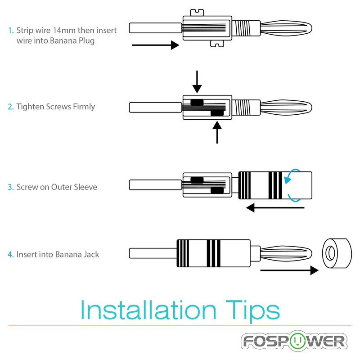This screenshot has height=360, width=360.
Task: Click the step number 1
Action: point(11,30)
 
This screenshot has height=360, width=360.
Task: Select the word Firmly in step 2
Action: point(84,107)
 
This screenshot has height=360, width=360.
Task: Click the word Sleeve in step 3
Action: point(85,187)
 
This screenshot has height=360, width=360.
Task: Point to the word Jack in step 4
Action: point(91,254)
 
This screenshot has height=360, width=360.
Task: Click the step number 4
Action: point(11,254)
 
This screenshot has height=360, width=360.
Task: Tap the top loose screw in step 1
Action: point(197,13)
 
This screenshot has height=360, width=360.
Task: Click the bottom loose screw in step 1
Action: point(217,44)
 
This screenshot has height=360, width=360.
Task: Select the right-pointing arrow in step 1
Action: point(156,45)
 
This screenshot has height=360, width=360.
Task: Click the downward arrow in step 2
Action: point(197,82)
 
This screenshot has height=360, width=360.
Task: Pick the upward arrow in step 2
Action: point(217,132)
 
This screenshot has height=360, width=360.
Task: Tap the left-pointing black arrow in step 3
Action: point(275,208)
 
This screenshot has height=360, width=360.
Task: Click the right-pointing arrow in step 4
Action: point(289,270)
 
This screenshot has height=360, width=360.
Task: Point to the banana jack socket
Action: point(337,253)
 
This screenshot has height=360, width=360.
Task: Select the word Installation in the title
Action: point(148,310)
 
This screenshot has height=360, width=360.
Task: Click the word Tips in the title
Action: point(253,311)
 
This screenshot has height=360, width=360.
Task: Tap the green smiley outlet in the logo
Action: point(298,341)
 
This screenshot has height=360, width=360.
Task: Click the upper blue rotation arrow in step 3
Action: point(292,175)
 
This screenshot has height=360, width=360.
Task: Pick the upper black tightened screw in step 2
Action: point(197,102)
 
